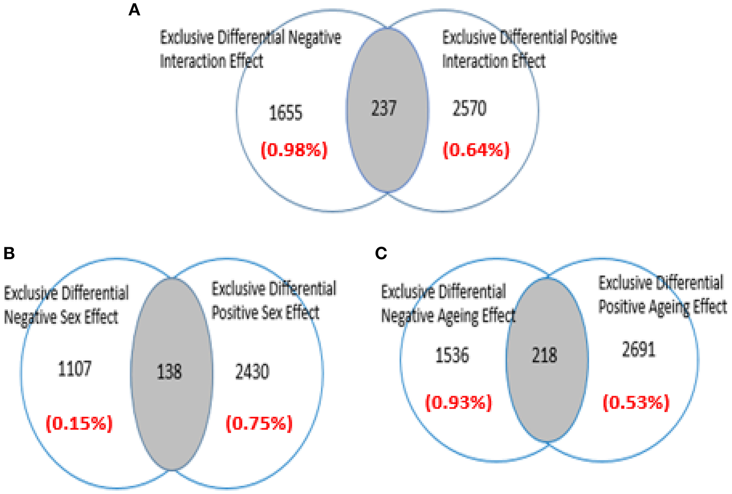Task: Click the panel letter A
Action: pos(134,10)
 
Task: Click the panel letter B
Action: pos(9,253)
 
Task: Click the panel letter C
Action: pos(381,253)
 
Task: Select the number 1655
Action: pos(286,113)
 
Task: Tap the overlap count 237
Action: pos(384,109)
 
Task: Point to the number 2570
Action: pos(469,109)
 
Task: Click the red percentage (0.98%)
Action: pos(294,150)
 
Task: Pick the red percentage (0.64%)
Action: pos(476,150)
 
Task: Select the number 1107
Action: pos(75,369)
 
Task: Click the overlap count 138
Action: pos(169,372)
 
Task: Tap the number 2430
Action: pos(252,372)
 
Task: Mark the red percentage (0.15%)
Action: pos(79,423)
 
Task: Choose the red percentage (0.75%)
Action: pos(260,423)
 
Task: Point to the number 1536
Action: pos(452,355)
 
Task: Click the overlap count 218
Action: pos(545,355)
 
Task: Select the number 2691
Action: pos(639,350)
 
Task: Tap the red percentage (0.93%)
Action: pos(459,402)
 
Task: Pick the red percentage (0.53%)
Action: pos(636,402)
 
